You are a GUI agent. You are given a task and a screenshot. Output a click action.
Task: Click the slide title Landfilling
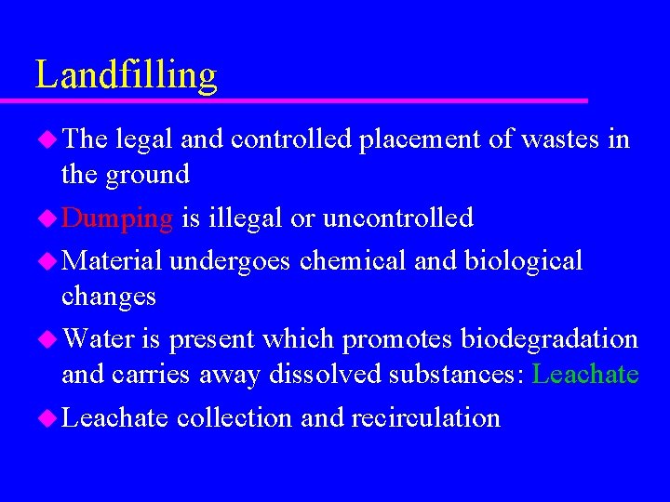(x=126, y=74)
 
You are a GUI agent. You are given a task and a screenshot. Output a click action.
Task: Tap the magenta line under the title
(x=307, y=100)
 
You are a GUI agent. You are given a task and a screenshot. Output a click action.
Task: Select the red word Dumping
(x=117, y=218)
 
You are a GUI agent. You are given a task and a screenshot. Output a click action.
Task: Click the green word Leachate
(x=585, y=375)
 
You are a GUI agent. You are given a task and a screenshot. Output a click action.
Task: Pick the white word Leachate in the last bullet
(x=114, y=418)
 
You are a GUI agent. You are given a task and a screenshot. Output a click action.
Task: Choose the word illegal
(x=243, y=218)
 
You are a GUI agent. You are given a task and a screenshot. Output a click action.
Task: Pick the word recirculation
(x=425, y=418)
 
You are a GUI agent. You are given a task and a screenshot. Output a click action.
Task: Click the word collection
(x=234, y=418)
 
